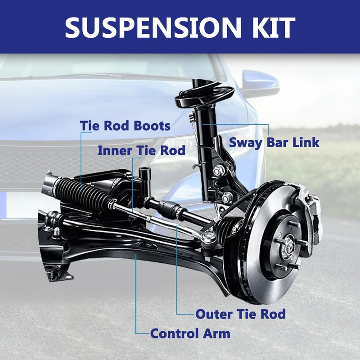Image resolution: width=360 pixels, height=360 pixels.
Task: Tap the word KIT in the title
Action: [x=270, y=27]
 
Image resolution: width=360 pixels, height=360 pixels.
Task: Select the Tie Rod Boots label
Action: [x=125, y=126]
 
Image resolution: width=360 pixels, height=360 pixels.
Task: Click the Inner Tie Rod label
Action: [x=141, y=150]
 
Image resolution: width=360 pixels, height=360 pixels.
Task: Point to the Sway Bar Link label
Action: [x=274, y=143]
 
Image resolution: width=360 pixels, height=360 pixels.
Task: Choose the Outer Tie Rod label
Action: [x=240, y=314]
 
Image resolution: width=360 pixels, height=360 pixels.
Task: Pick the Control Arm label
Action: [x=190, y=334]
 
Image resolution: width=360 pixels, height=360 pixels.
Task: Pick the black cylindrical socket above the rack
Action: [x=145, y=176]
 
